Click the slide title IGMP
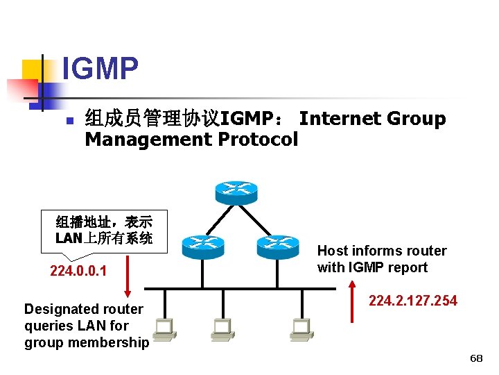coord(100,69)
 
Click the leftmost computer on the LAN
coord(164,329)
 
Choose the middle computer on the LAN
coord(222,329)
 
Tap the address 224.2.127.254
coord(413,301)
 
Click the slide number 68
coord(476,358)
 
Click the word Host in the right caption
coord(333,251)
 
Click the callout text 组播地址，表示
coord(104,222)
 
